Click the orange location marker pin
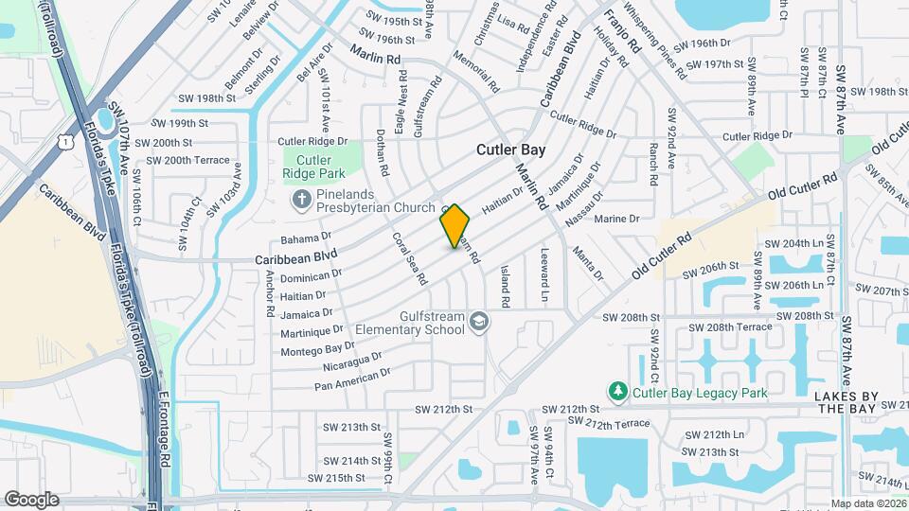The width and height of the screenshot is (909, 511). click(x=454, y=226)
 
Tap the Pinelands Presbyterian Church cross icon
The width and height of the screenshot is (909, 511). click(x=301, y=200)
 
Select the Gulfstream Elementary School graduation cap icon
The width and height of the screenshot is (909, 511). click(x=478, y=323)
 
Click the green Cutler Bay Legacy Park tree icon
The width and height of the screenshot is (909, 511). click(x=617, y=391)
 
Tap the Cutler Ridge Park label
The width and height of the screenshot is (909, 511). click(x=313, y=167)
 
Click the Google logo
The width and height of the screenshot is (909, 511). click(x=31, y=499)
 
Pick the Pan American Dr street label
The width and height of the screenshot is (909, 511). click(x=352, y=379)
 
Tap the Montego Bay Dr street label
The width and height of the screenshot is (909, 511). click(x=319, y=347)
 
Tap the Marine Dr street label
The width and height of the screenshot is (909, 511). click(x=616, y=219)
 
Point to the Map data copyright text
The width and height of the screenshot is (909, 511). click(x=867, y=503)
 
